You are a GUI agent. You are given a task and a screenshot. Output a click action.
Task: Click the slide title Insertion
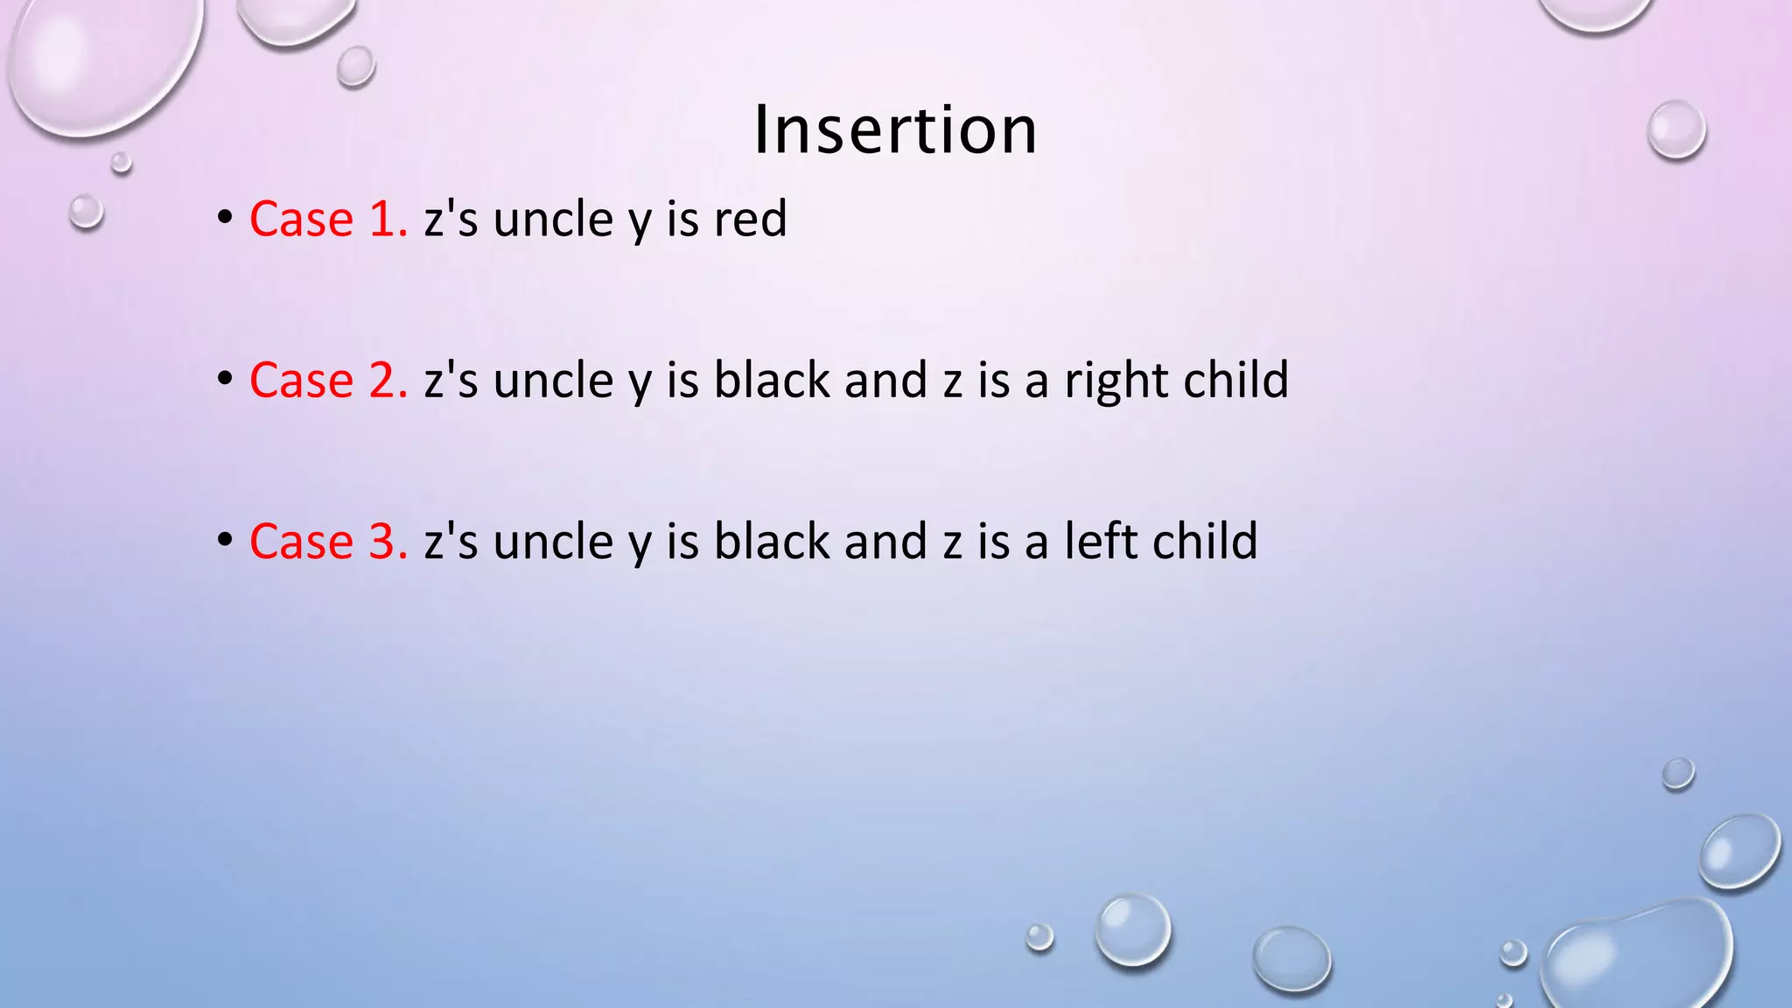pyautogui.click(x=895, y=129)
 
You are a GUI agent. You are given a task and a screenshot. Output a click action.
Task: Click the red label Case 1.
pyautogui.click(x=328, y=219)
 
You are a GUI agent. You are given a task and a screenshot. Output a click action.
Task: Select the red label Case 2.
pyautogui.click(x=328, y=380)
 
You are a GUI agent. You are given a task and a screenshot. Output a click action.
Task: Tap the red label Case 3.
pyautogui.click(x=328, y=541)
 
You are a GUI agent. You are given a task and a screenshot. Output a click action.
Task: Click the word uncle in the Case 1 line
pyautogui.click(x=553, y=219)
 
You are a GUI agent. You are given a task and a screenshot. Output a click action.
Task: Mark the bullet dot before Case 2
pyautogui.click(x=226, y=378)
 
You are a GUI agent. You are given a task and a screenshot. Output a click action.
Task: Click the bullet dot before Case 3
pyautogui.click(x=226, y=539)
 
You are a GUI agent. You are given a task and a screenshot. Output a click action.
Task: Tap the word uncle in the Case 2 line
pyautogui.click(x=553, y=380)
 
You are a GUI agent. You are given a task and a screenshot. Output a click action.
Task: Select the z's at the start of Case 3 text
pyautogui.click(x=451, y=541)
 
